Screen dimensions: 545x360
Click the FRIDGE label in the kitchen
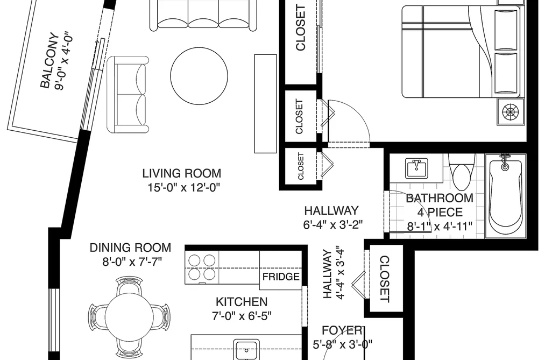pyautogui.click(x=281, y=277)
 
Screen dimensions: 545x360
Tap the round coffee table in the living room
pyautogui.click(x=199, y=76)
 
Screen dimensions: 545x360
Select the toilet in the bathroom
pyautogui.click(x=462, y=170)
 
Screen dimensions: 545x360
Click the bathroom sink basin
pyautogui.click(x=417, y=168)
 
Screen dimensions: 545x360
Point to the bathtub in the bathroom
pyautogui.click(x=505, y=196)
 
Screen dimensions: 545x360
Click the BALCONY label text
pyautogui.click(x=48, y=60)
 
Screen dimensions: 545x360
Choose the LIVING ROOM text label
pyautogui.click(x=182, y=173)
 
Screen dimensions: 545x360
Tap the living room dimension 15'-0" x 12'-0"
pyautogui.click(x=184, y=188)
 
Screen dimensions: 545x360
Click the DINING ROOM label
pyautogui.click(x=130, y=248)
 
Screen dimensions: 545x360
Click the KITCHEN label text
pyautogui.click(x=242, y=302)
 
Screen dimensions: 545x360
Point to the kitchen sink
pyautogui.click(x=246, y=350)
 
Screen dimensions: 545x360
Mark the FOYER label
pyautogui.click(x=342, y=330)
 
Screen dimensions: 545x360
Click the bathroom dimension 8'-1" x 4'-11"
pyautogui.click(x=440, y=227)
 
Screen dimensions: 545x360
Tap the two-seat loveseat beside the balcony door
pyautogui.click(x=128, y=95)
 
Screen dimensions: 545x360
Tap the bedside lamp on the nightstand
pyautogui.click(x=510, y=112)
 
